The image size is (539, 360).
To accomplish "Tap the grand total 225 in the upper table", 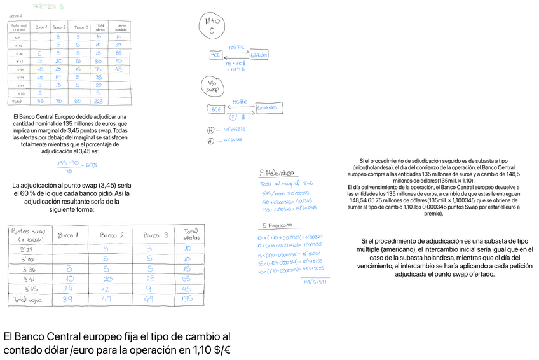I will (100, 100).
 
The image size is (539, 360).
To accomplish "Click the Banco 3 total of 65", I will (78, 100).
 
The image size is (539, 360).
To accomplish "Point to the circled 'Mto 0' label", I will (213, 24).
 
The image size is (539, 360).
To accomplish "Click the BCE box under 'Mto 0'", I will (215, 55).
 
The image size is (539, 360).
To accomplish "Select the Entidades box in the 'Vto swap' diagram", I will (268, 108).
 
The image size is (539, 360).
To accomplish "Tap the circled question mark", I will (233, 116).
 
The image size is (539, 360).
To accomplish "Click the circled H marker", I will (210, 131).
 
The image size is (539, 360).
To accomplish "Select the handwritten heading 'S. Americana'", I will (276, 225).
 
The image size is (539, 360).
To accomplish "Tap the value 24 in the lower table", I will (69, 287).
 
